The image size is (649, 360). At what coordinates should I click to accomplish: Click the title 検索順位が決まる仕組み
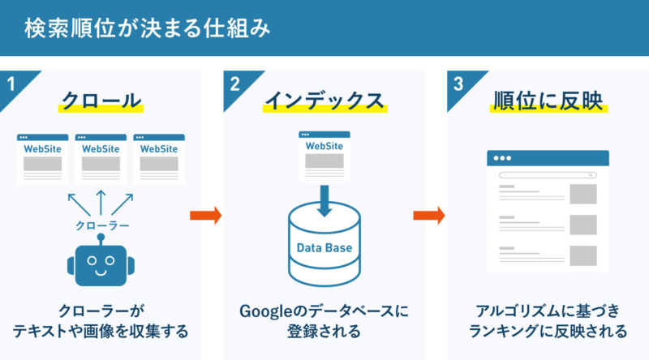click(x=146, y=28)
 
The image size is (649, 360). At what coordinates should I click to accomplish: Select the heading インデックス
click(x=324, y=101)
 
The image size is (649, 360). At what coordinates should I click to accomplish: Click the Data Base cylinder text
click(x=324, y=247)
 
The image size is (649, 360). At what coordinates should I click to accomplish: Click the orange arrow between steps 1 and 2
click(x=205, y=215)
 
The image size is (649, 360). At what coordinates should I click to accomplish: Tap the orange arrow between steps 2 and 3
click(x=428, y=215)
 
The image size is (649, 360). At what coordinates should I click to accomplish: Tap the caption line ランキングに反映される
click(x=548, y=332)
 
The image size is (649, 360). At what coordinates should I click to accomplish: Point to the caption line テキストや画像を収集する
click(x=100, y=332)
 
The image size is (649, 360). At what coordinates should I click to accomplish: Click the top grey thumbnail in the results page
click(x=582, y=194)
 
